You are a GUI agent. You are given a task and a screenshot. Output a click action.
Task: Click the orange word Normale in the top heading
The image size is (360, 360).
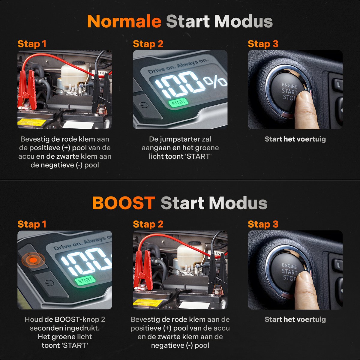pyautogui.click(x=124, y=22)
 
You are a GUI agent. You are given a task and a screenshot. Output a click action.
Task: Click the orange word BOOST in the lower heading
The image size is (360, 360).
pyautogui.click(x=124, y=203)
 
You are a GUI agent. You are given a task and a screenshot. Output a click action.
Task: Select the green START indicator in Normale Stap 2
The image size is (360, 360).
pyautogui.click(x=178, y=103)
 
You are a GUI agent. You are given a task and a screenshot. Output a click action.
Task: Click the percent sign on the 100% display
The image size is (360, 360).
pyautogui.click(x=215, y=81)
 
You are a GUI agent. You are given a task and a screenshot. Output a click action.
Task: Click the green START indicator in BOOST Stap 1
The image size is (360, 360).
pyautogui.click(x=85, y=280)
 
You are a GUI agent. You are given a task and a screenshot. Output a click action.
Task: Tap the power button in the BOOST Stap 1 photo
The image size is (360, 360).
pyautogui.click(x=49, y=283)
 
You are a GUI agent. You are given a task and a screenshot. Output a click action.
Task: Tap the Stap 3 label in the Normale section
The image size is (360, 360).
pyautogui.click(x=263, y=44)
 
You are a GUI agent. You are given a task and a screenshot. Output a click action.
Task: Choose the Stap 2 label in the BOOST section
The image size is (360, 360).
pyautogui.click(x=148, y=224)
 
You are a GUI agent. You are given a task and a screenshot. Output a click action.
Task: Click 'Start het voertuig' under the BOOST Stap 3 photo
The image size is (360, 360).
pyautogui.click(x=295, y=319)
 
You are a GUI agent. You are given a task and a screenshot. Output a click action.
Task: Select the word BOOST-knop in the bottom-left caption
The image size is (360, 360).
pyautogui.click(x=78, y=319)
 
